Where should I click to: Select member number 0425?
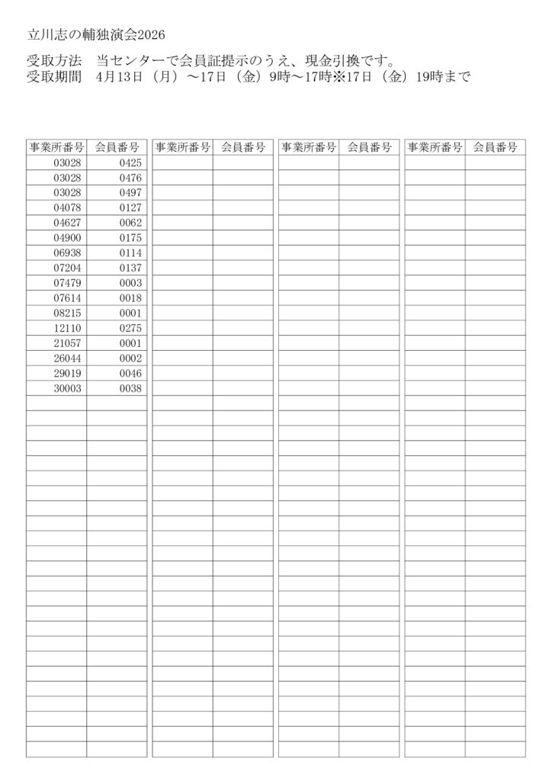coord(130,162)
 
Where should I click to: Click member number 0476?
coord(130,178)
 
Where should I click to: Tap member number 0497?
coord(130,193)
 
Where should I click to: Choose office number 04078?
coord(68,207)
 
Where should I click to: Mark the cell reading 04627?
coord(68,223)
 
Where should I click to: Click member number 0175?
coord(130,238)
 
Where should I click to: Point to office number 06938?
coord(68,252)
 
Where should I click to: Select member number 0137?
coord(130,268)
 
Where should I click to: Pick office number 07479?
coord(68,283)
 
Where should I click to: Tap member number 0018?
coord(130,298)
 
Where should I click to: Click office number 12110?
coord(68,328)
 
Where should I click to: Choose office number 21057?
coord(68,343)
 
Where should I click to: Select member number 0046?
coord(130,373)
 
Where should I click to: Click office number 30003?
coord(68,388)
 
